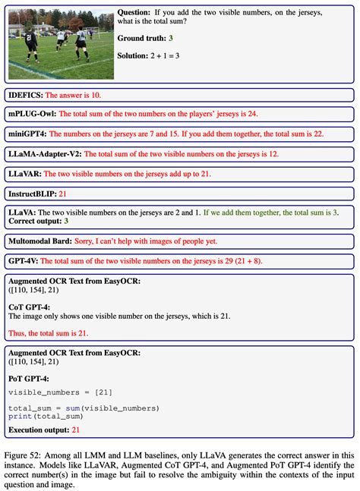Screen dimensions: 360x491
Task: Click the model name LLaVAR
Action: (x=25, y=173)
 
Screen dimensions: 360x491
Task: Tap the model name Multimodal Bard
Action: (x=39, y=241)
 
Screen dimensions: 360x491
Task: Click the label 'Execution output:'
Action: (x=38, y=430)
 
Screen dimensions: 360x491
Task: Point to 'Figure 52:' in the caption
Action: (x=24, y=453)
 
